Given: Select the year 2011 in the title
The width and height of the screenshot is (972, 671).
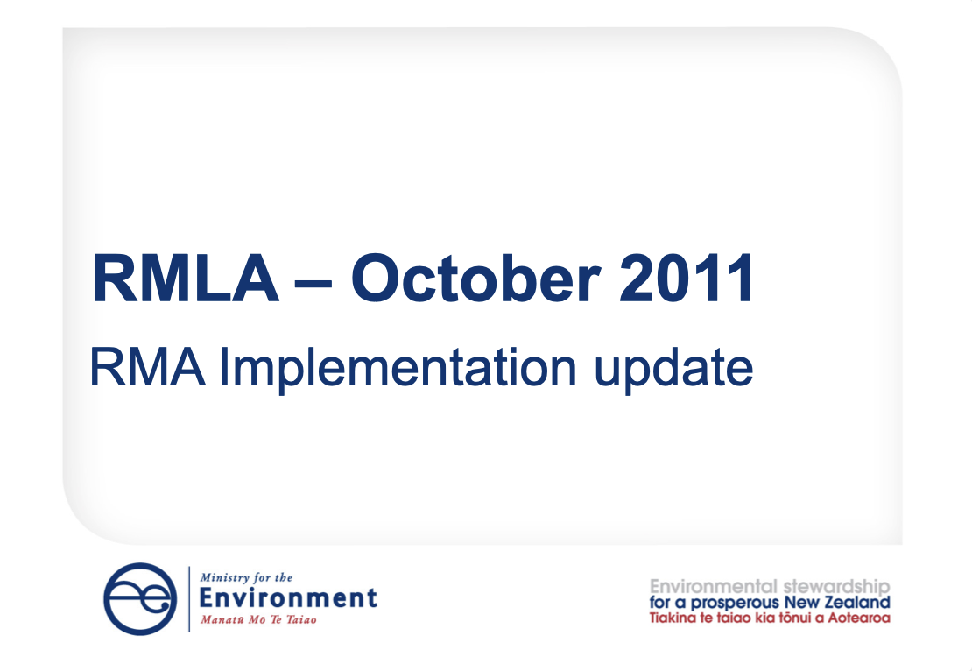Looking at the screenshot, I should coord(685,279).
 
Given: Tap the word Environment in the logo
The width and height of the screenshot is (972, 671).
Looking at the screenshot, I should coord(289,599).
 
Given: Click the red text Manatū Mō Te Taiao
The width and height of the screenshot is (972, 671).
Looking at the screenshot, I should coord(258,620).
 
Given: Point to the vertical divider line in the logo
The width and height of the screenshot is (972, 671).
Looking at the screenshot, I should coord(189,599).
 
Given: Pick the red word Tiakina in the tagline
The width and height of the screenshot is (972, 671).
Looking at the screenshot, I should coord(673,618).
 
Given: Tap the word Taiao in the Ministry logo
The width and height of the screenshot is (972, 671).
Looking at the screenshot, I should coord(300,620).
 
